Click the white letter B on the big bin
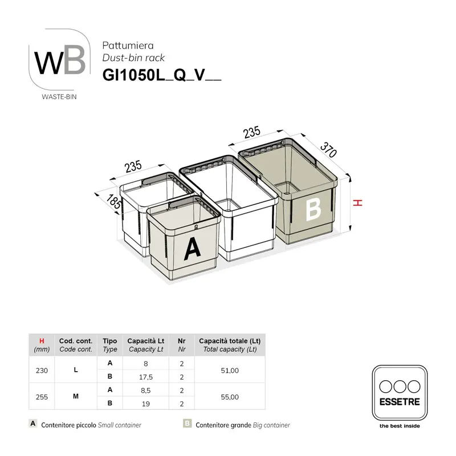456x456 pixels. click(x=313, y=209)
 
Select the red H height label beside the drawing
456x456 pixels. click(x=357, y=203)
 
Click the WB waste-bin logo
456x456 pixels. click(x=60, y=63)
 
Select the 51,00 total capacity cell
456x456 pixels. click(x=230, y=370)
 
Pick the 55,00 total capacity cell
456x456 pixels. click(x=230, y=397)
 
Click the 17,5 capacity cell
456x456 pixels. click(x=146, y=377)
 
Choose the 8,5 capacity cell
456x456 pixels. click(x=146, y=390)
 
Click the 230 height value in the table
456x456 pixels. click(x=42, y=370)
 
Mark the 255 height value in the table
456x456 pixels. click(x=42, y=397)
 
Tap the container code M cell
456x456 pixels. click(x=76, y=397)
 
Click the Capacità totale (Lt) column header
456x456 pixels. click(x=230, y=345)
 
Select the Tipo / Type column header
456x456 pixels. click(x=110, y=345)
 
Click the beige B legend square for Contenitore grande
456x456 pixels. click(x=186, y=424)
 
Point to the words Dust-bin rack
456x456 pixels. click(x=133, y=58)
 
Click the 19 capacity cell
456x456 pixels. click(x=146, y=404)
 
